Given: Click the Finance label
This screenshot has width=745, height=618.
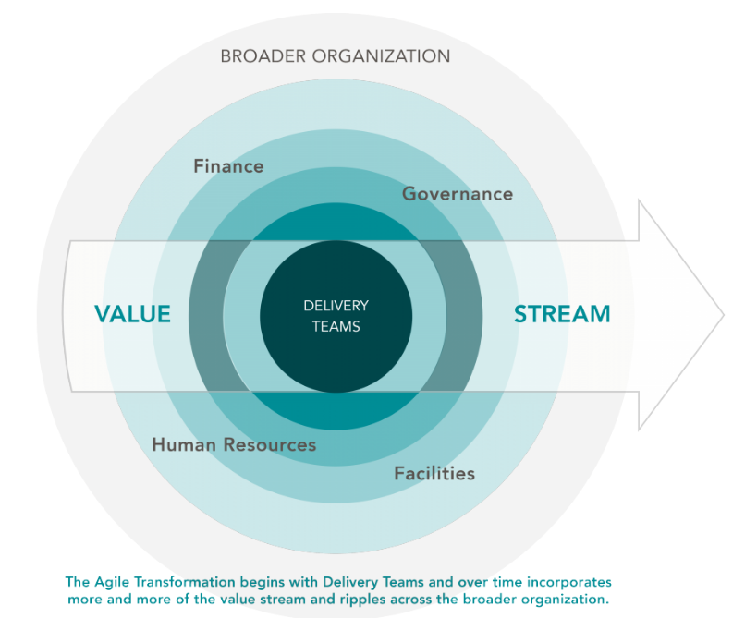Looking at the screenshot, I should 228,166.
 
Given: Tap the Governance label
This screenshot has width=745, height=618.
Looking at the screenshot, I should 457,194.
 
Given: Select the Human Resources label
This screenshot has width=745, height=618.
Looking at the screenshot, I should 234,444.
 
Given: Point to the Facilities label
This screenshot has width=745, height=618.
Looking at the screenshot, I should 434,473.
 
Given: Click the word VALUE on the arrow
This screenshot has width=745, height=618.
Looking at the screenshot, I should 133,314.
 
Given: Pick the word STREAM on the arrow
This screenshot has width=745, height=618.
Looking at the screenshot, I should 562,314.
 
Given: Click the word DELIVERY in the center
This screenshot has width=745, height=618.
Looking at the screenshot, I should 336,306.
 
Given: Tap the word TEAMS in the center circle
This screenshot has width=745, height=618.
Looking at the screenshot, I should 336,326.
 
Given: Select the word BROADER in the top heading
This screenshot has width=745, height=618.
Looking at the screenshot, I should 263,56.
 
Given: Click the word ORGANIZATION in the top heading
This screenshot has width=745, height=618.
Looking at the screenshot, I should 381,56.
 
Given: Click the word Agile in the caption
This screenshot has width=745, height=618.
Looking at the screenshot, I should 114,582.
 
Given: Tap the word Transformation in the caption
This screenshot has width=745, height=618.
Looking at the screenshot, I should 188,582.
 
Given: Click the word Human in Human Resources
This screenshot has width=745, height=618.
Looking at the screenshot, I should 183,444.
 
